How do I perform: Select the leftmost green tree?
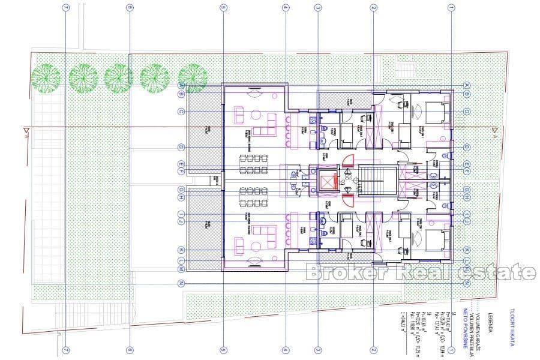46,76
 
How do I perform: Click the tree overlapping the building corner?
193,77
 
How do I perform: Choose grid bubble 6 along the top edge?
130,8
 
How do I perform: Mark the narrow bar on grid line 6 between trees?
130,68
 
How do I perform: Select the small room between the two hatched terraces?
214,179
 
